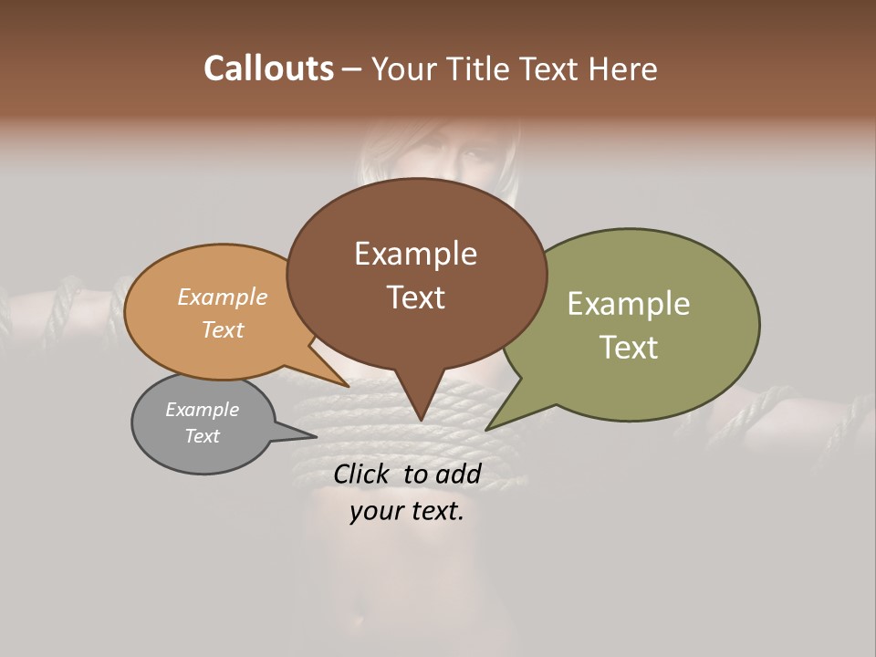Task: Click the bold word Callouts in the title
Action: coord(268,68)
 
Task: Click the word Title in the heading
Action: coord(480,68)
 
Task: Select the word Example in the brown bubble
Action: coord(415,254)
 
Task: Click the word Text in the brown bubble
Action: coord(415,297)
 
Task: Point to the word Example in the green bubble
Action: coord(629,304)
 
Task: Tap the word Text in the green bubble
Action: coord(629,348)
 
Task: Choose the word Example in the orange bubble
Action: coord(223,297)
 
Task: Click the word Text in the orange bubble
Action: coord(223,329)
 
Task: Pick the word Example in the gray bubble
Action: coord(203,410)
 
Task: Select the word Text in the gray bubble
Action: coord(203,436)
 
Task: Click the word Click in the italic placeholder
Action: coord(360,474)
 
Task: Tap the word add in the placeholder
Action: coord(458,474)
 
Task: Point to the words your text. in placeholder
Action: coord(407,512)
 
